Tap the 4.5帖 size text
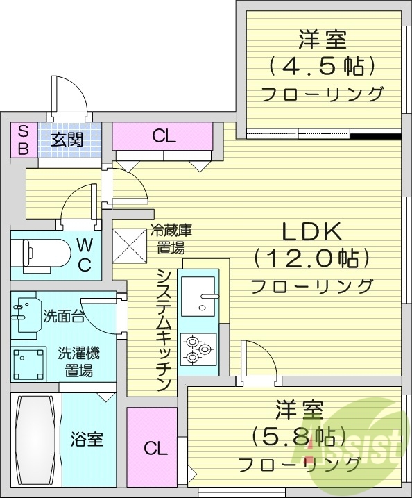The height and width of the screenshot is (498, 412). tap(323, 65)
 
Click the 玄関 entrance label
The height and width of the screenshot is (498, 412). tap(67, 139)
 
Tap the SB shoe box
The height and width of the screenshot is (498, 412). tap(23, 139)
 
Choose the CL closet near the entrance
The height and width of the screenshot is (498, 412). tap(164, 136)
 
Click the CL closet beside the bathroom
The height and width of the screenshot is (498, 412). tap(156, 448)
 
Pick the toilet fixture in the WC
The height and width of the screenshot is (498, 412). tap(42, 253)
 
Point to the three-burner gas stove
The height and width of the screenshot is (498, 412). tap(199, 349)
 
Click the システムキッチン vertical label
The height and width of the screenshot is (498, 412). tap(165, 329)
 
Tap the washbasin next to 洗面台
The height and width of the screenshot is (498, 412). tap(26, 316)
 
